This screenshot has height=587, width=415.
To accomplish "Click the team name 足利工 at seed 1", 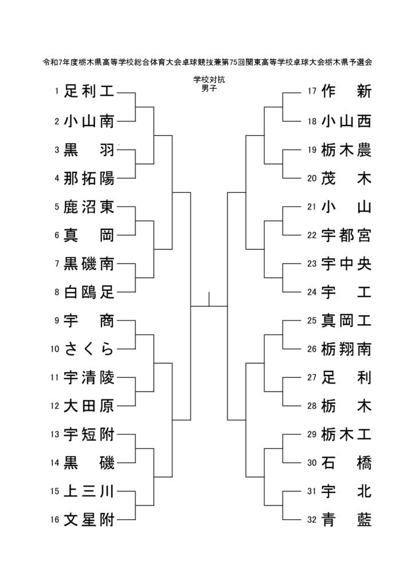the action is (x=89, y=91).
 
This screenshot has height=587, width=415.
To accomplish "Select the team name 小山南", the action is (x=89, y=122).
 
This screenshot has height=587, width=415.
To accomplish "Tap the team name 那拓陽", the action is (x=89, y=178).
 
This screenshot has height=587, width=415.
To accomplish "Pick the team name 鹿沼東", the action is (x=89, y=206).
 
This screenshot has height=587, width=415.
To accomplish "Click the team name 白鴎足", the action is (x=89, y=292).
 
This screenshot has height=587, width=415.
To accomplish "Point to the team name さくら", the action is (x=89, y=349).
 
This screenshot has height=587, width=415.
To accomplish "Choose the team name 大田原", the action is (x=89, y=406).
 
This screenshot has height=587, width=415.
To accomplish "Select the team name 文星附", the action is (x=89, y=519).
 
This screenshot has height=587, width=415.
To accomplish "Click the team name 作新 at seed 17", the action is (x=346, y=91).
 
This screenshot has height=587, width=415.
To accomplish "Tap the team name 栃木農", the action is (x=346, y=150).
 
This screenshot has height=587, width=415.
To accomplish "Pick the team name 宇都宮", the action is (x=346, y=236).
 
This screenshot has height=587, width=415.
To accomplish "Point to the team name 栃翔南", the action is (x=346, y=349).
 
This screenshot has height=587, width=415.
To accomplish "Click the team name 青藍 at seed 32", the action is (x=346, y=519).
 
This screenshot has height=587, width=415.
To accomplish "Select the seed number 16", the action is (x=55, y=519).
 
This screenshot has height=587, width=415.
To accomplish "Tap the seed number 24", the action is (x=312, y=292).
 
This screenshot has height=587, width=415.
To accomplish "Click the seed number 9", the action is (x=57, y=320).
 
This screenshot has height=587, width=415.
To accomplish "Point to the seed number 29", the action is (x=312, y=435).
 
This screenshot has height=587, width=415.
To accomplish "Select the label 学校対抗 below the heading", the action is (x=209, y=80).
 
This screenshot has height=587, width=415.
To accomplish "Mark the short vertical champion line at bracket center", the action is (x=209, y=299).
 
